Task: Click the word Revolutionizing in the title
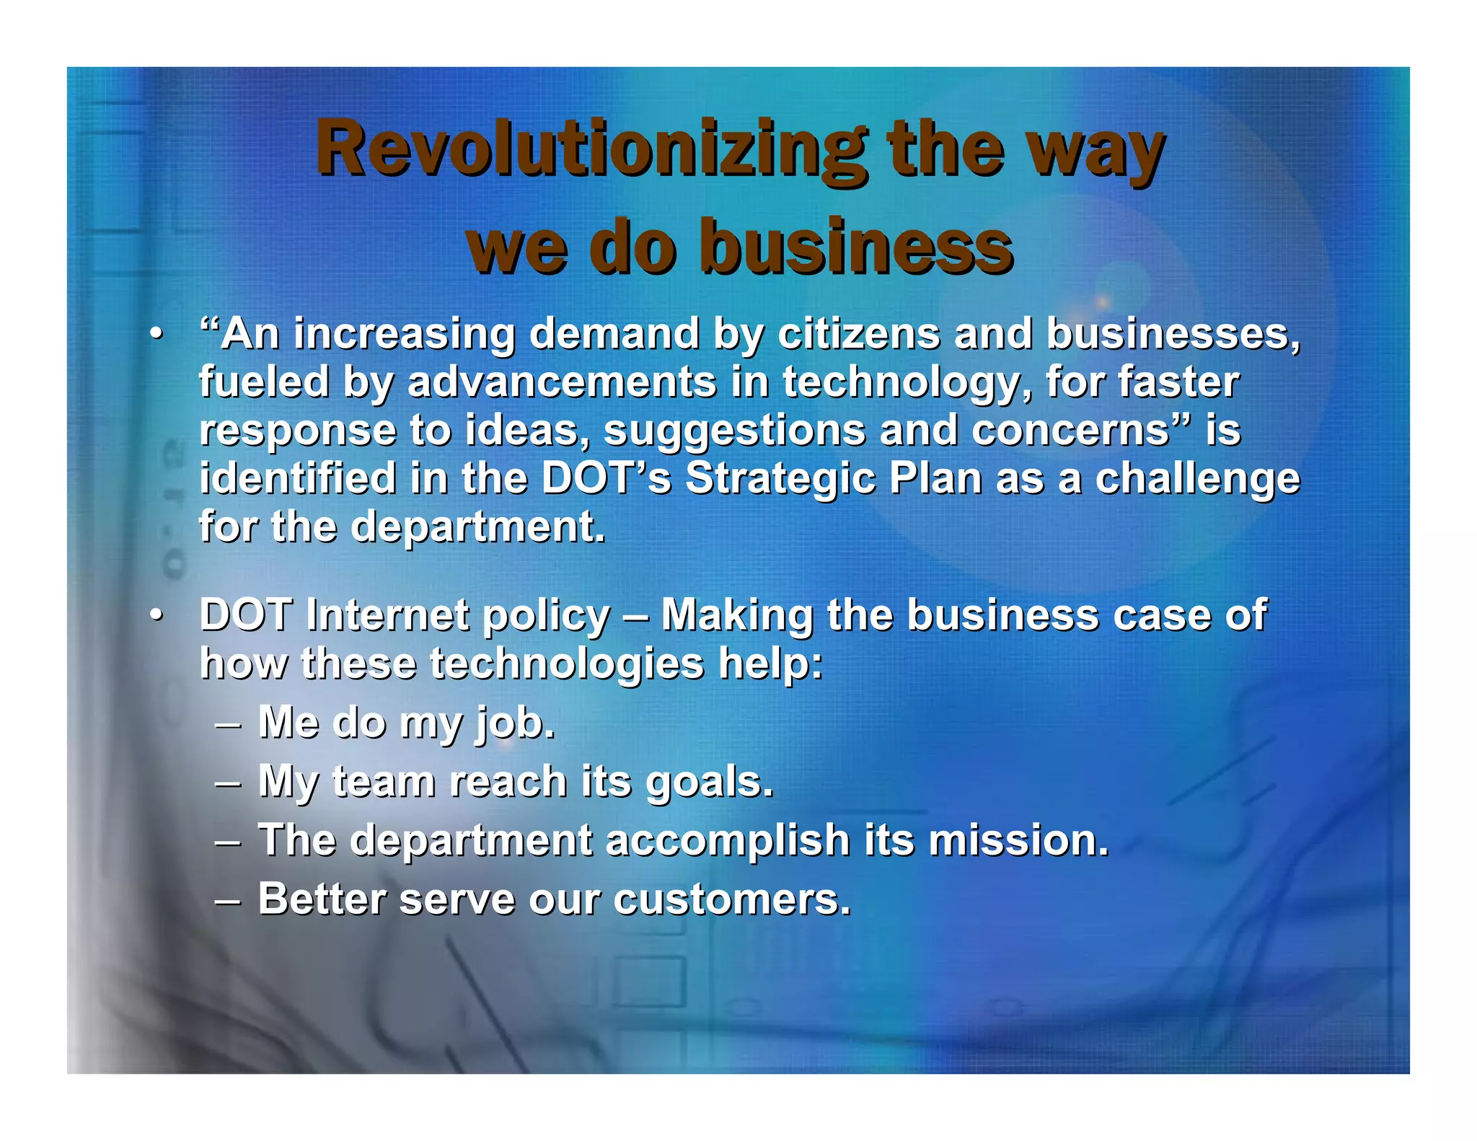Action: [591, 149]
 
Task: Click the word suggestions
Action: [734, 431]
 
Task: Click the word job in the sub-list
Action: [514, 723]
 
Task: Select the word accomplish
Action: [728, 842]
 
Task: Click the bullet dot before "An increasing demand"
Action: [156, 335]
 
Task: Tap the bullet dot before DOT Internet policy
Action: [156, 616]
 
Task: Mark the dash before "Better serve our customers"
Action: [228, 900]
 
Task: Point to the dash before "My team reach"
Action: [228, 782]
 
